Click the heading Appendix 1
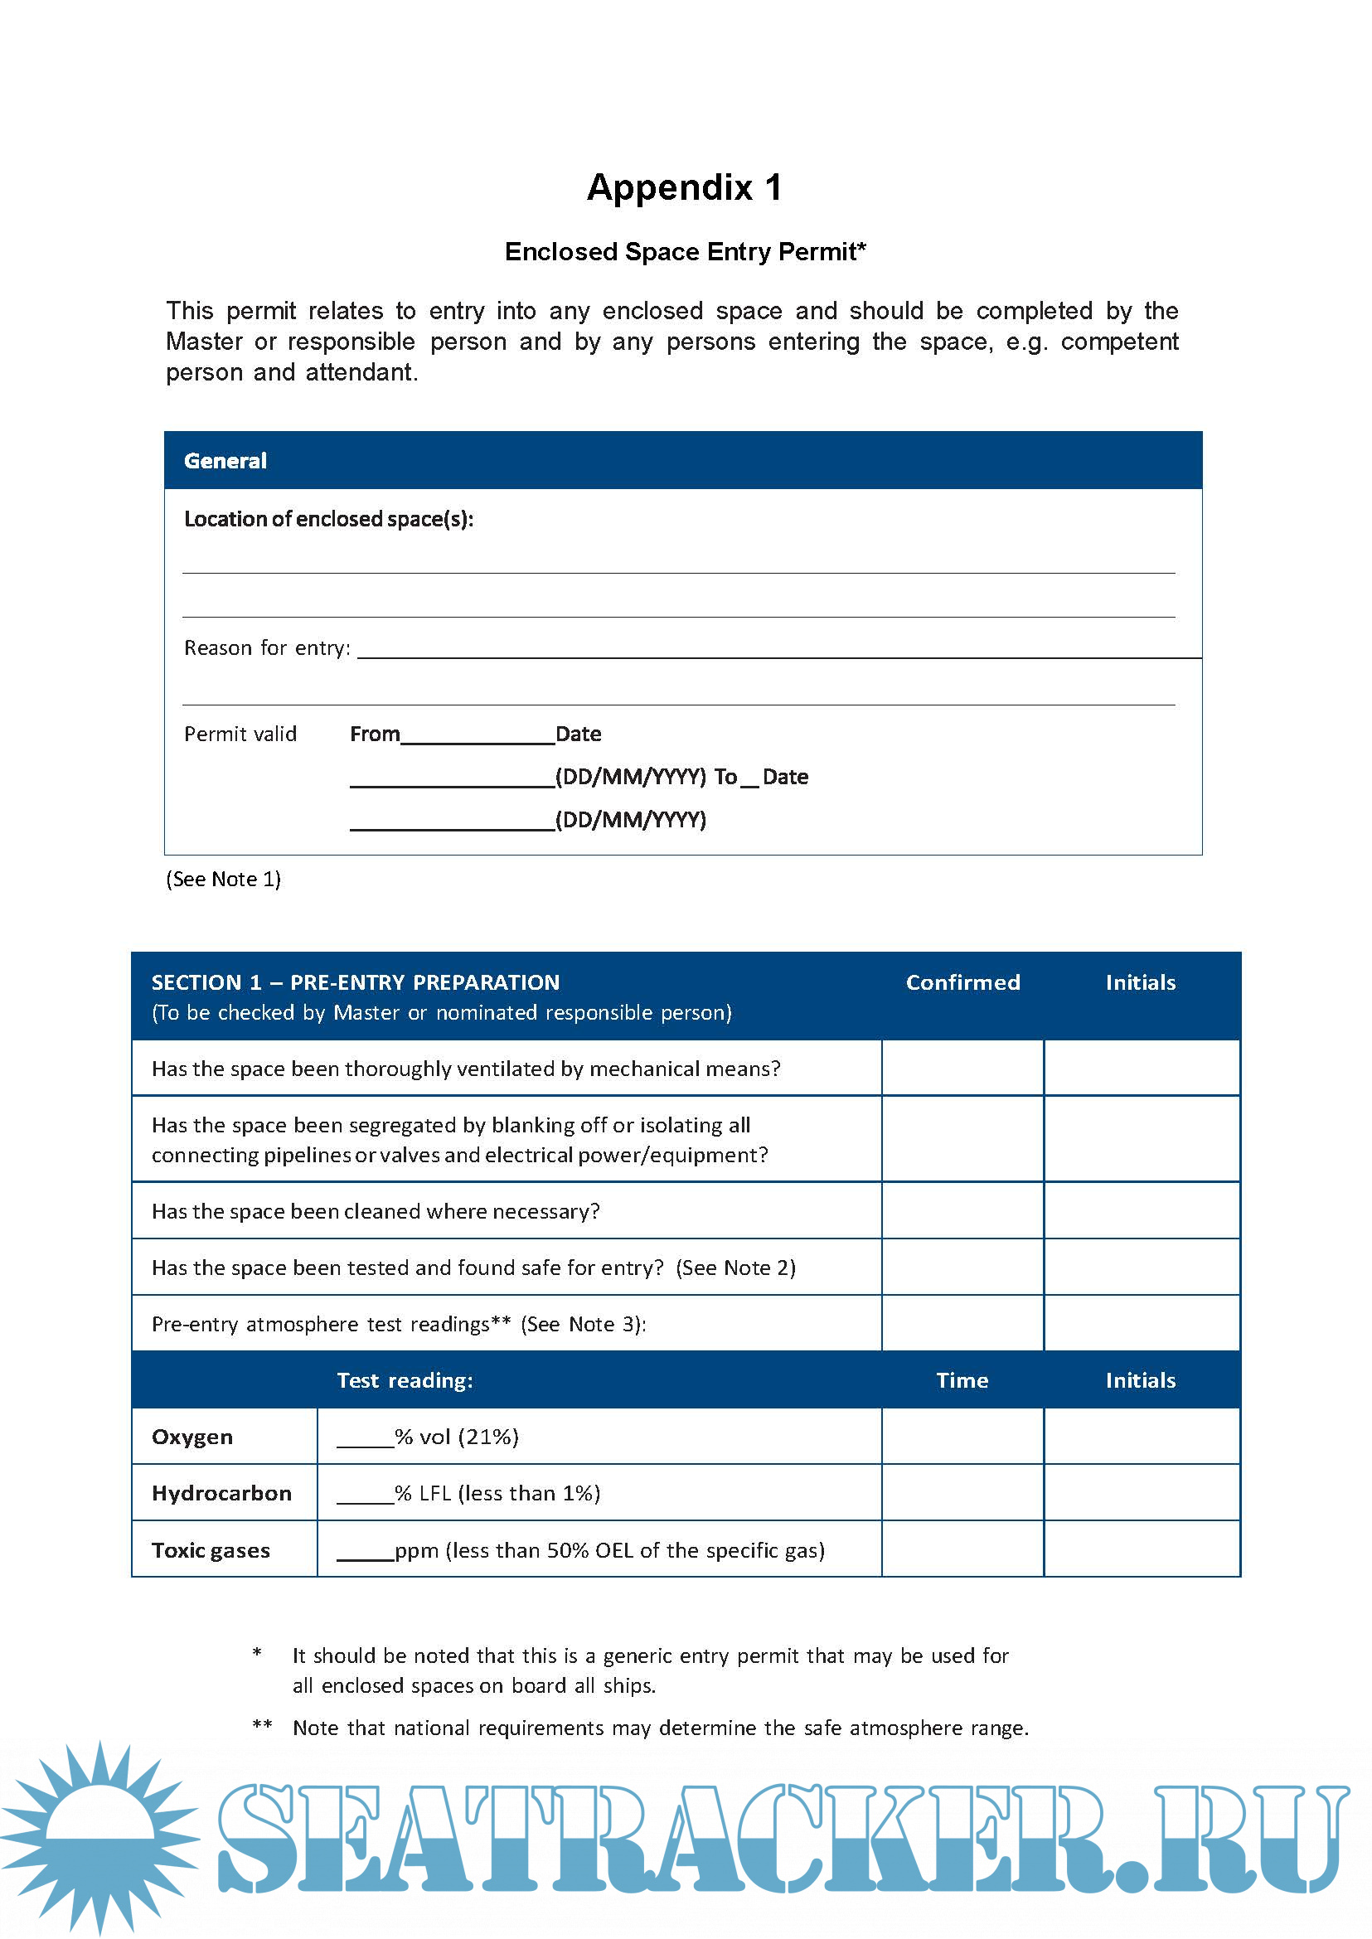(684, 187)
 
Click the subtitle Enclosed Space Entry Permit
(684, 252)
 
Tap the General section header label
(225, 461)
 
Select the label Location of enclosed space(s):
(328, 519)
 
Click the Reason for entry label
(267, 648)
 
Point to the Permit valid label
(240, 734)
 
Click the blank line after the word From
(478, 737)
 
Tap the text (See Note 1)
(223, 880)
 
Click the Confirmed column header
(962, 982)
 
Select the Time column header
(962, 1380)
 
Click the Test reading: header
(405, 1380)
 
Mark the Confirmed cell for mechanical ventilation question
(962, 1069)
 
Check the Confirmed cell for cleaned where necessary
(962, 1210)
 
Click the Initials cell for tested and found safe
(1142, 1268)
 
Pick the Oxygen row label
(192, 1437)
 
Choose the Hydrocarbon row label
(221, 1494)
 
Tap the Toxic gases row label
(211, 1550)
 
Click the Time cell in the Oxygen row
(962, 1437)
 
